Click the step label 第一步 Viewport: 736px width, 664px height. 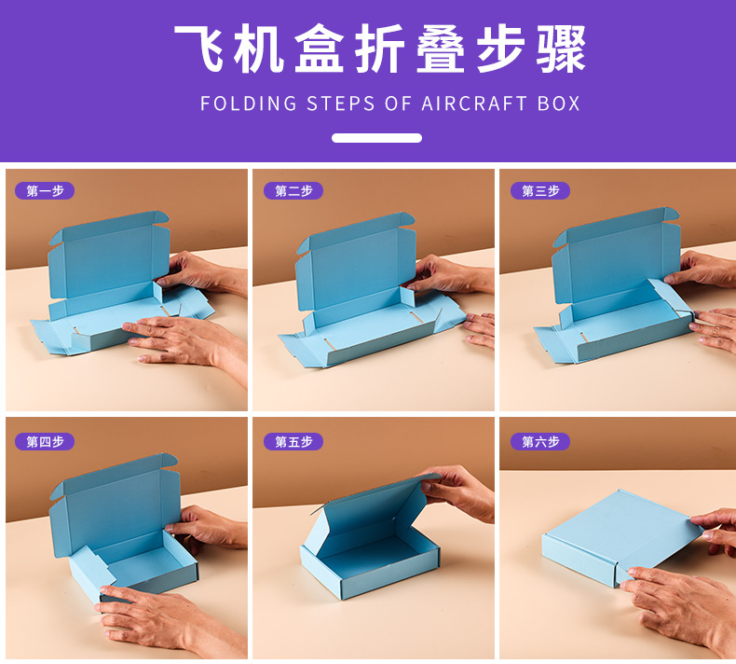click(x=45, y=191)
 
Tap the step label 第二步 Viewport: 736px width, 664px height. click(x=293, y=191)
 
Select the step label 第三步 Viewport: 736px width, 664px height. click(x=540, y=191)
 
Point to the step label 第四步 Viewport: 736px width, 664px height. click(x=45, y=442)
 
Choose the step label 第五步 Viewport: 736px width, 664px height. click(x=293, y=442)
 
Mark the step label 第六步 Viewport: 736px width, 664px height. click(x=540, y=442)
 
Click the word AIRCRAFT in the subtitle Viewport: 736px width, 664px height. click(x=474, y=104)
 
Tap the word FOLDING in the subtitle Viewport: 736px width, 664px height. click(x=249, y=104)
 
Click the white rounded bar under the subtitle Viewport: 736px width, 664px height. click(x=376, y=138)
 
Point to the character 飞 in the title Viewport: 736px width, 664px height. click(x=199, y=48)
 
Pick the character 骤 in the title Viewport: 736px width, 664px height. click(x=562, y=48)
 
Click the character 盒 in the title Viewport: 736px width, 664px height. click(x=320, y=48)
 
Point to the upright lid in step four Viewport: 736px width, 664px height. click(x=115, y=505)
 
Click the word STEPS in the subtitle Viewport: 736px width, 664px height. click(x=341, y=104)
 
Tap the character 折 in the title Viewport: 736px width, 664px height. click(x=380, y=48)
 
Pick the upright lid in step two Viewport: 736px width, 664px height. click(x=356, y=260)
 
